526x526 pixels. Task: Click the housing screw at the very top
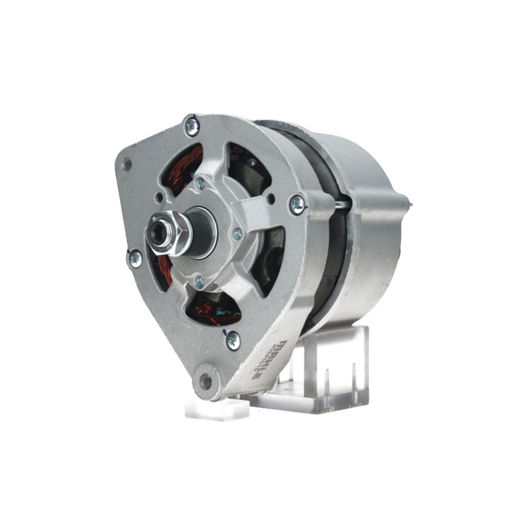(x=192, y=126)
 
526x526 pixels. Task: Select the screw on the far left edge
(x=135, y=258)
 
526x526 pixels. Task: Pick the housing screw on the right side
(x=298, y=204)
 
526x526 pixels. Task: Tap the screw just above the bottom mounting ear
(x=233, y=340)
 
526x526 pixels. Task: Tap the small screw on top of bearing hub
(x=200, y=184)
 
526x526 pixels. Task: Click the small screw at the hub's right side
(x=237, y=234)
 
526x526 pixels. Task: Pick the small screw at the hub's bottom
(x=199, y=282)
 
